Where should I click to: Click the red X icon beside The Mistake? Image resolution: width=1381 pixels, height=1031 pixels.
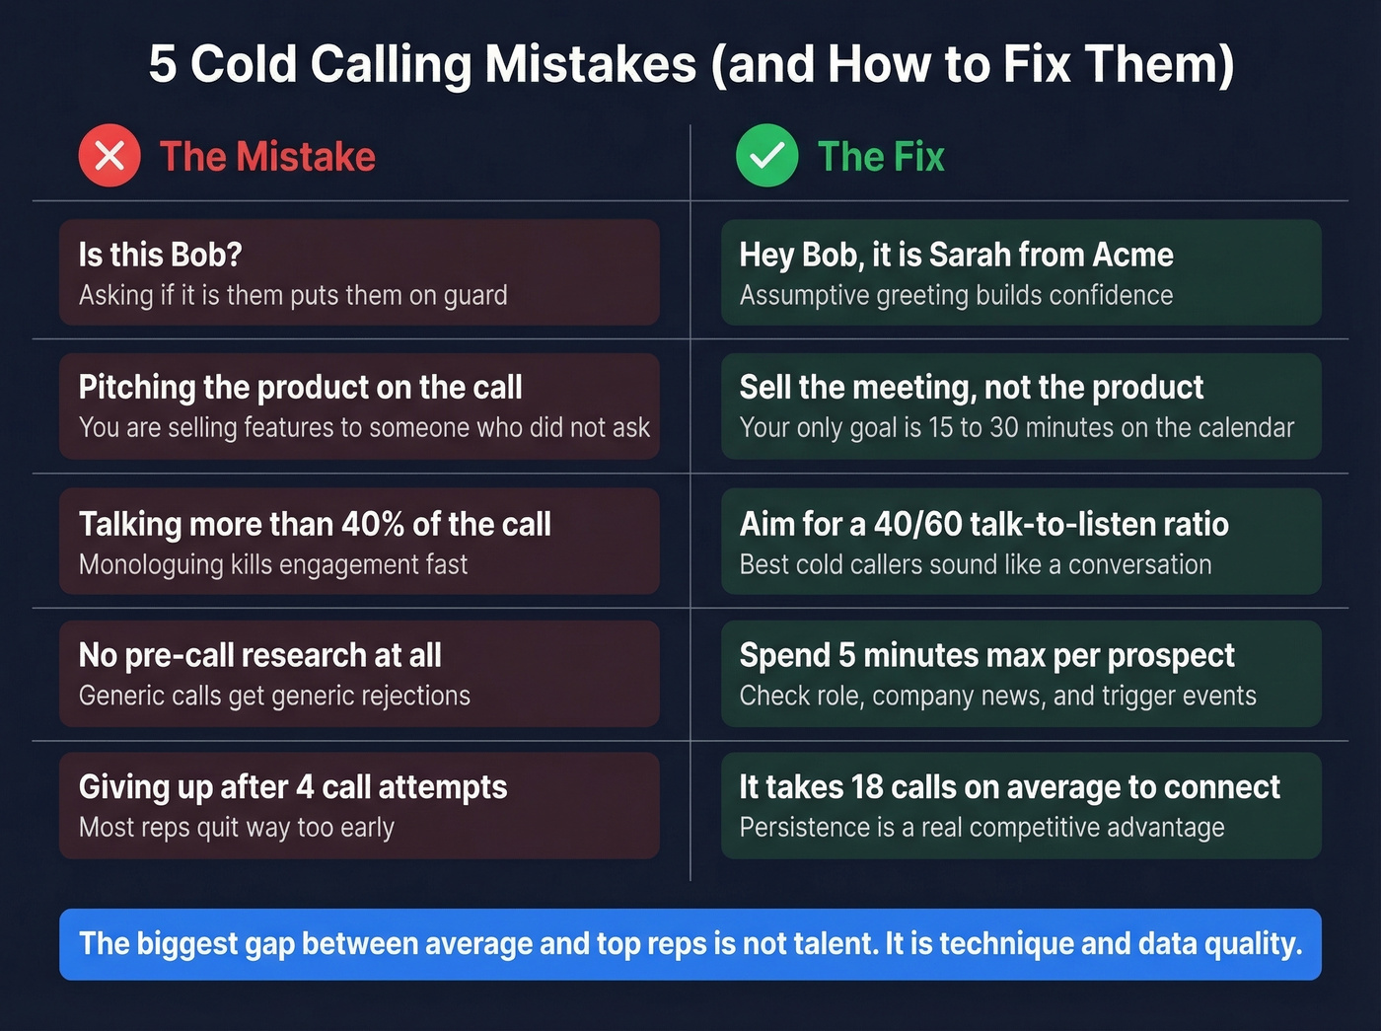click(109, 156)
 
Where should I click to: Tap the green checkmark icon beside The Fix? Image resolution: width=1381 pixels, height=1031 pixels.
click(766, 156)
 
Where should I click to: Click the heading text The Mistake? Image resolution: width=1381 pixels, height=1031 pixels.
click(267, 157)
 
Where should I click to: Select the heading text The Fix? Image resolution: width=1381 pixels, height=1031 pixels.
click(881, 157)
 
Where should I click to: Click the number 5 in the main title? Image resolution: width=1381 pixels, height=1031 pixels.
click(163, 64)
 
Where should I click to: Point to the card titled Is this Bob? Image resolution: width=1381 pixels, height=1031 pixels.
click(358, 272)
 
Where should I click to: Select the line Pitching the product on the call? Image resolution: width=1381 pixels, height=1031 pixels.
click(300, 388)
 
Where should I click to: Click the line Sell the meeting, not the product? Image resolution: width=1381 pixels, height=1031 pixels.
click(971, 388)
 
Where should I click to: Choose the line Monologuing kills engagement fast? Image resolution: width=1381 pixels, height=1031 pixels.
click(273, 564)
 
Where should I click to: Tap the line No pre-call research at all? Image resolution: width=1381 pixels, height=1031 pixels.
click(259, 655)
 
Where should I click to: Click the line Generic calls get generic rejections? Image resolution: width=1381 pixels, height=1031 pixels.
click(274, 696)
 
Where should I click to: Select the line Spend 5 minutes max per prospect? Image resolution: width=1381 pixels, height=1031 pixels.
click(986, 655)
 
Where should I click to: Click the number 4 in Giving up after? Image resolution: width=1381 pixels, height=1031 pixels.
click(305, 787)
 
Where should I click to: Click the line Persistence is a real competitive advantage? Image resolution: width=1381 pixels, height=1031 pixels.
click(981, 827)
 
